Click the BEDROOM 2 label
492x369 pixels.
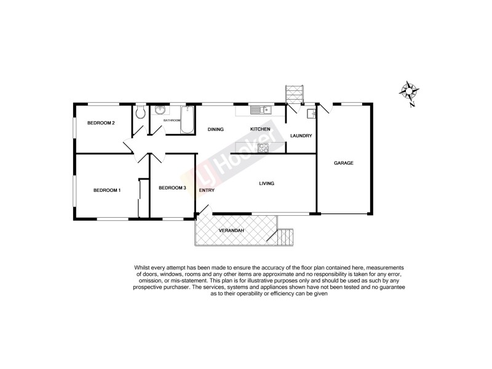coord(101,123)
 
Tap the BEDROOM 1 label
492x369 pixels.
coord(107,190)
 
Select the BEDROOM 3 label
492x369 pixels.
coord(172,188)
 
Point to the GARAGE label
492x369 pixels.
coord(343,163)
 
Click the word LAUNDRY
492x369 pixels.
coord(301,136)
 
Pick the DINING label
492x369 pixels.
coord(215,129)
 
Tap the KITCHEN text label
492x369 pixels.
coord(260,129)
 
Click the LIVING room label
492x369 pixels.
coord(266,183)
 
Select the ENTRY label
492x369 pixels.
coord(207,190)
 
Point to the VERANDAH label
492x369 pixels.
coord(232,231)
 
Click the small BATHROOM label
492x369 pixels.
coord(172,121)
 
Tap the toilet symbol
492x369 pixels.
coord(141,111)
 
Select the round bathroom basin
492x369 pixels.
coord(161,110)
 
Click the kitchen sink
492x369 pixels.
coord(261,109)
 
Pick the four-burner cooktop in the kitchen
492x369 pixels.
coord(263,148)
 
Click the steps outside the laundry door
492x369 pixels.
coord(295,94)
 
